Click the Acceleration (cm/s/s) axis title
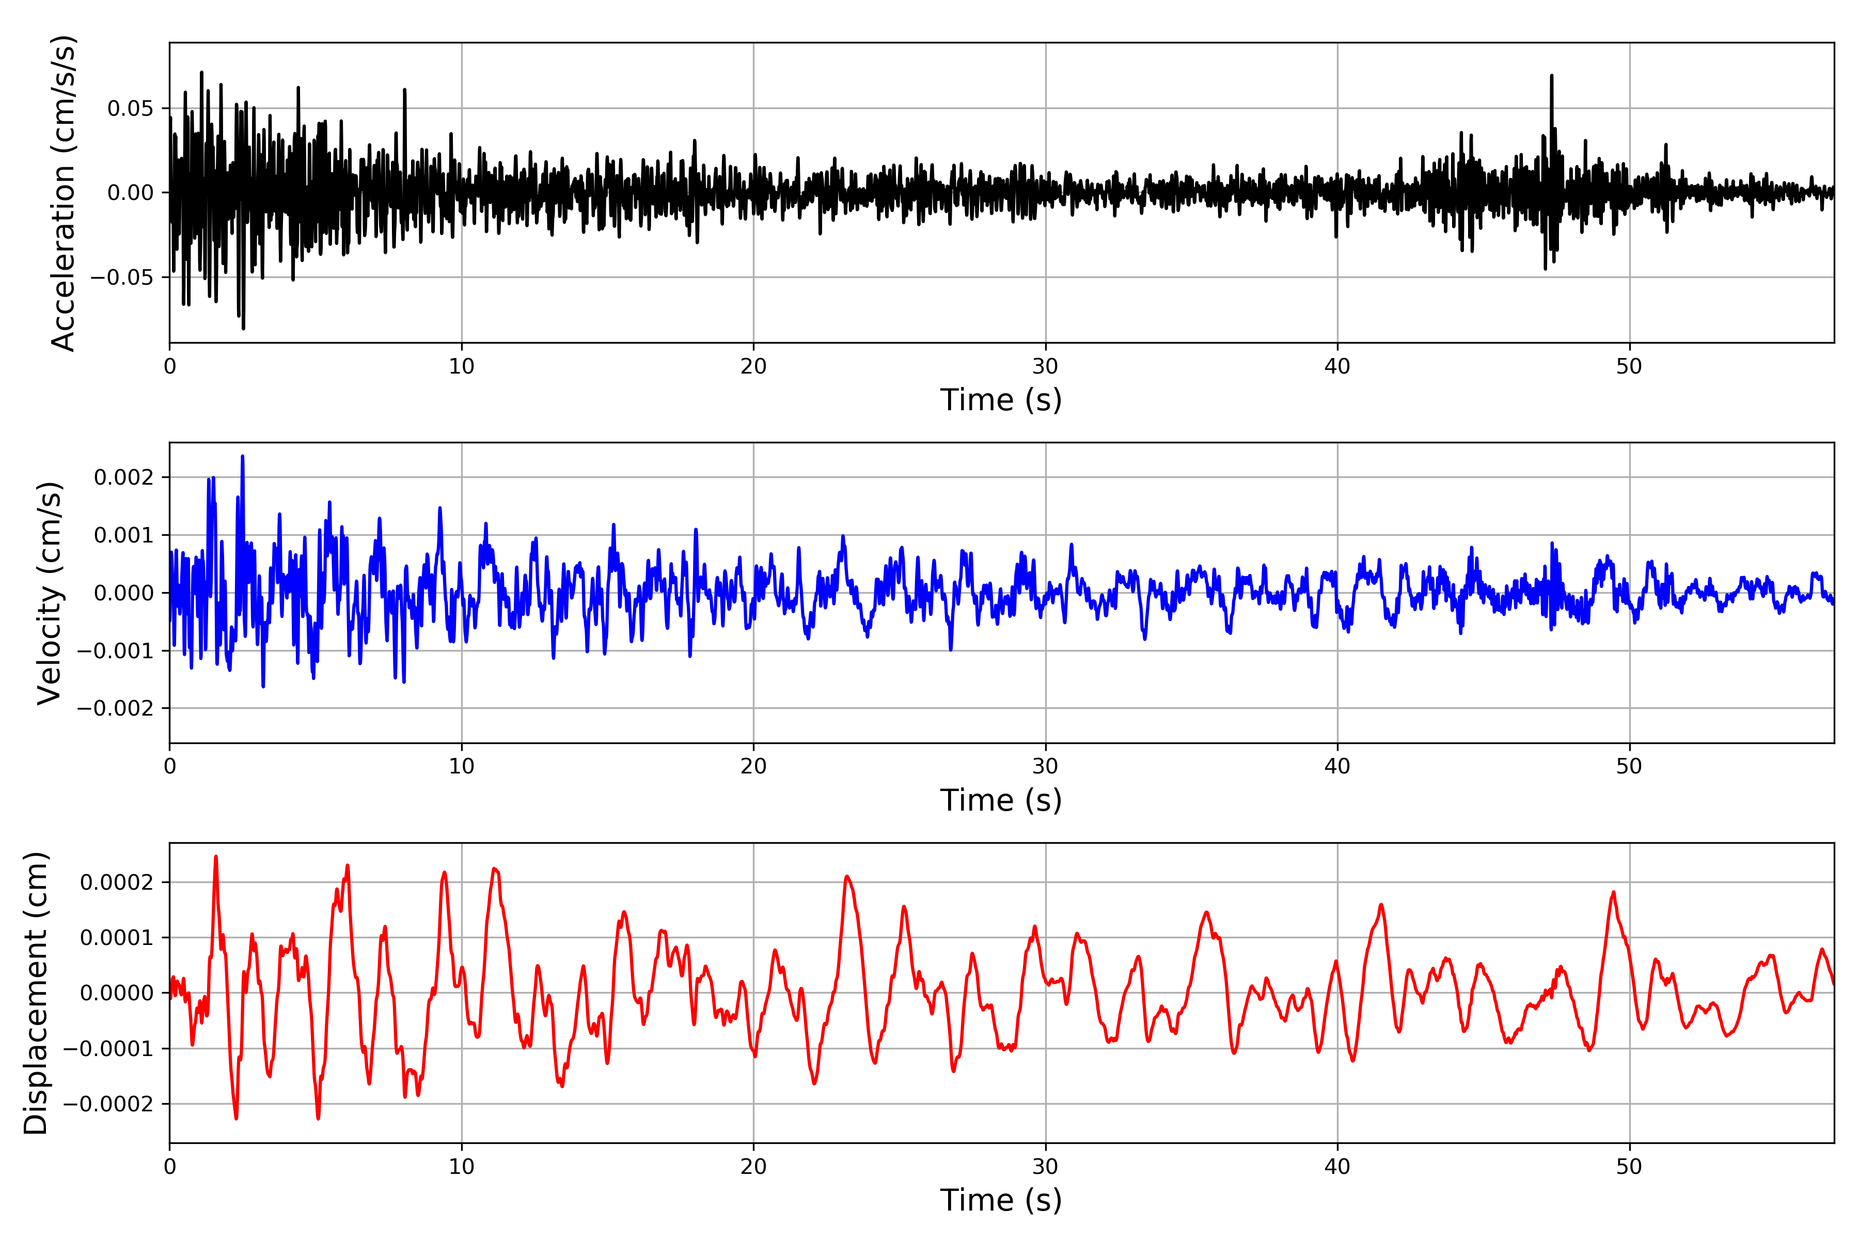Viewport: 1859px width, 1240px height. [x=62, y=192]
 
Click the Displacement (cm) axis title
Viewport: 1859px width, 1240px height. [x=36, y=993]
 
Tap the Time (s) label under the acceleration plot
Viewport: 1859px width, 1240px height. [x=1001, y=400]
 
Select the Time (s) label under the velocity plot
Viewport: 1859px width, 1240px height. [x=1001, y=800]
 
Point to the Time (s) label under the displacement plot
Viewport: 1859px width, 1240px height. [x=1001, y=1200]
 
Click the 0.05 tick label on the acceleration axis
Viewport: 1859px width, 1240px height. [x=131, y=109]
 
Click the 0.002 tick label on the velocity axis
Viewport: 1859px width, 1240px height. [x=123, y=477]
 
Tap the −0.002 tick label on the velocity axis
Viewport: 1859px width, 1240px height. [x=115, y=708]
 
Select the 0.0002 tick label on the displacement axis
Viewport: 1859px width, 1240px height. [x=117, y=882]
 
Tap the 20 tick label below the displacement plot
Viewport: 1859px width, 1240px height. [x=753, y=1167]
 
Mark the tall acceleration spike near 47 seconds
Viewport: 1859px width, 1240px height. [x=1552, y=76]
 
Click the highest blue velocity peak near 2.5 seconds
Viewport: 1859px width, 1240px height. [x=243, y=457]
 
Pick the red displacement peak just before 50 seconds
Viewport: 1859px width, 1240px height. [x=1613, y=893]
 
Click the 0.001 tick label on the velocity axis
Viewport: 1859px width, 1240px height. [x=123, y=535]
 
